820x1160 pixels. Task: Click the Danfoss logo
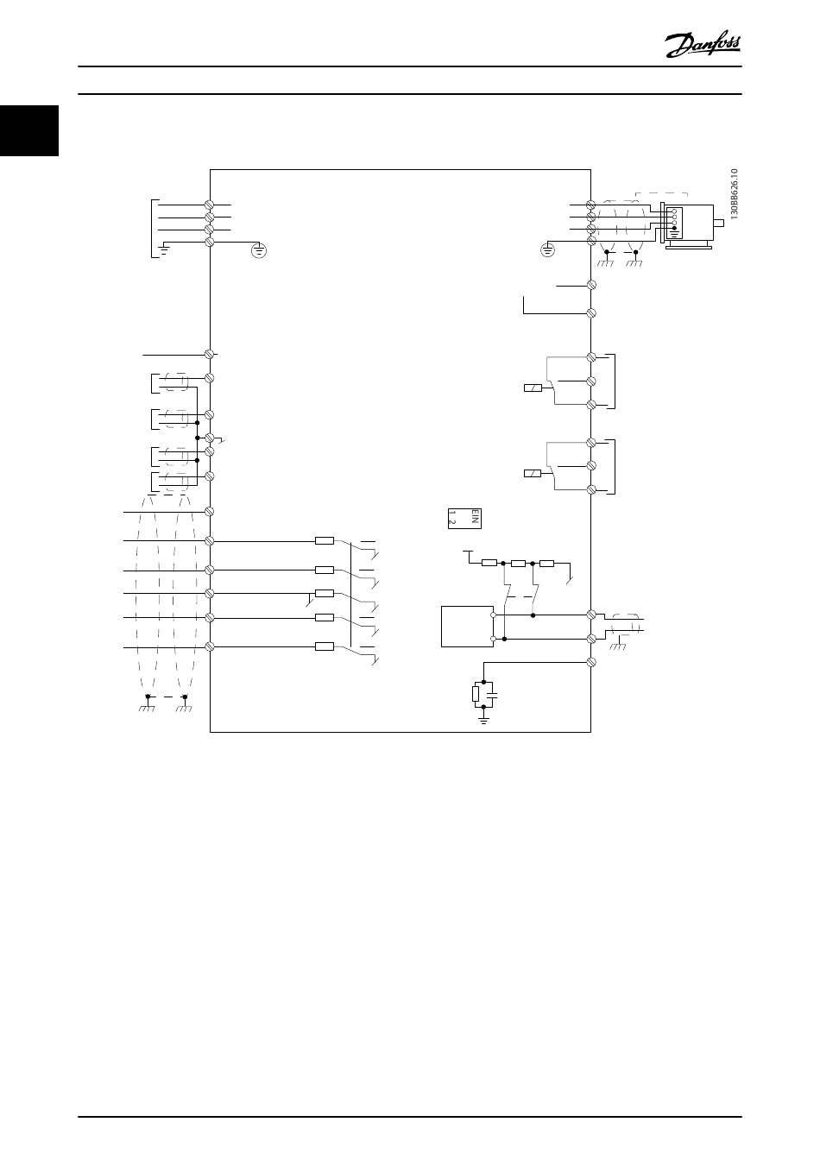coord(703,43)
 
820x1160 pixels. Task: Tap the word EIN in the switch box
coord(473,518)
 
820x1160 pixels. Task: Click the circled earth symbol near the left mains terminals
coord(259,251)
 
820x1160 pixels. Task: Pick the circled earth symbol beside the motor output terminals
coord(546,251)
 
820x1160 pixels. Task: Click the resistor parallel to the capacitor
coord(475,693)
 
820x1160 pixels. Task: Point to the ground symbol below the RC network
coord(484,716)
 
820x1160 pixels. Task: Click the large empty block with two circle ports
coord(466,627)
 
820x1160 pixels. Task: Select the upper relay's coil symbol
coord(533,388)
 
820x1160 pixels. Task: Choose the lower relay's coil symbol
coord(533,473)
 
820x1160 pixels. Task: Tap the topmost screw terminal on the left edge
coord(209,205)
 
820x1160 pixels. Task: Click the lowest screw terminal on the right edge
coord(591,662)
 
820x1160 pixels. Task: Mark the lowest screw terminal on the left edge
coord(209,646)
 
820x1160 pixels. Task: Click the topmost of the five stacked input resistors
coord(325,541)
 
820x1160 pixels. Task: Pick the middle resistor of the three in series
coord(518,564)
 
